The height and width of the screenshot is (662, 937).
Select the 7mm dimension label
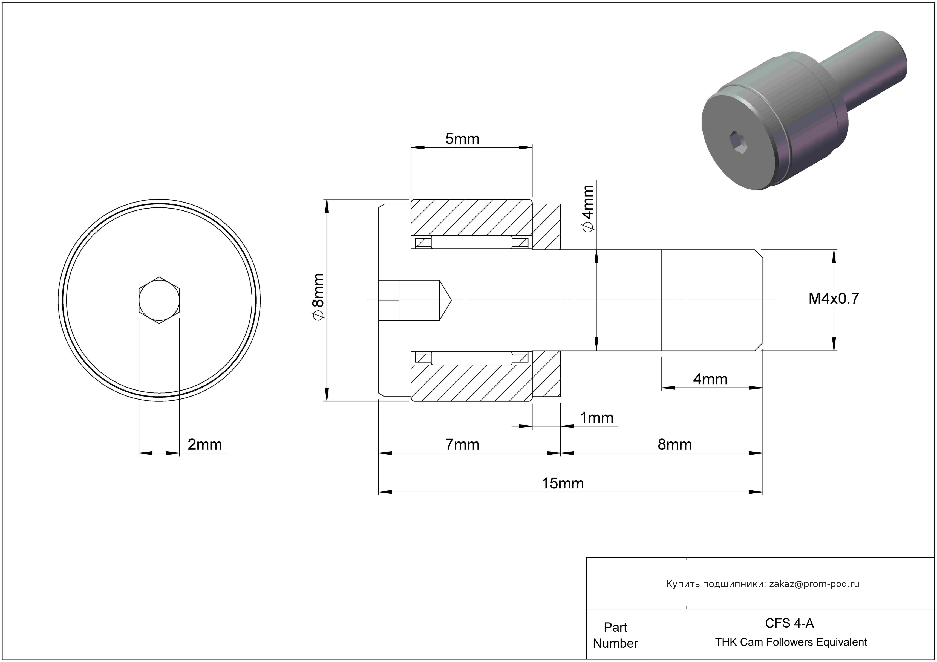pyautogui.click(x=462, y=444)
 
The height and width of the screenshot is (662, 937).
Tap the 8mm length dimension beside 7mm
pyautogui.click(x=674, y=444)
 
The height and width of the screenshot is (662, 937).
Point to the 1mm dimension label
pyautogui.click(x=597, y=418)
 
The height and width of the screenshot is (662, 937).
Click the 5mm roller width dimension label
pyautogui.click(x=462, y=139)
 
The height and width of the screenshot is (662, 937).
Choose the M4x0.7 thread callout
pyautogui.click(x=834, y=299)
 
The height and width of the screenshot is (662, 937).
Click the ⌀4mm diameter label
pyautogui.click(x=588, y=209)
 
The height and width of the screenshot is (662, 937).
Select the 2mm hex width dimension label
pyautogui.click(x=205, y=444)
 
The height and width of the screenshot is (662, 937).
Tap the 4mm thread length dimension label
pyautogui.click(x=711, y=379)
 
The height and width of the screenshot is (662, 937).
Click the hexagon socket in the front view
pyautogui.click(x=159, y=300)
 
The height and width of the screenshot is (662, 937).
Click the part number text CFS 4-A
pyautogui.click(x=789, y=623)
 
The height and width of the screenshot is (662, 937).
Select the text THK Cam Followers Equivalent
pyautogui.click(x=791, y=642)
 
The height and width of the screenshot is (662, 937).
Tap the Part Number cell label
pyautogui.click(x=615, y=635)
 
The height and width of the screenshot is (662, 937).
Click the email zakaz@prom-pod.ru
pyautogui.click(x=814, y=584)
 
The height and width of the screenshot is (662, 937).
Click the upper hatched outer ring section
pyautogui.click(x=471, y=217)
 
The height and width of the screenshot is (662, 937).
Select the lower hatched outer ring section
pyautogui.click(x=471, y=383)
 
